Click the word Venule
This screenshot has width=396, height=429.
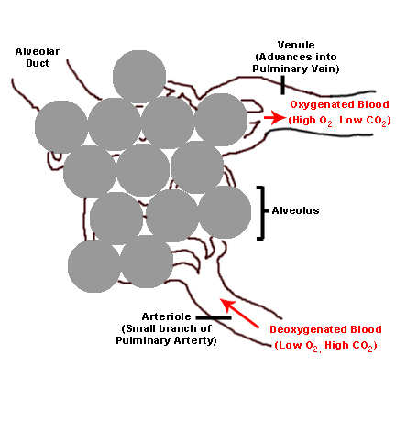[x=298, y=45]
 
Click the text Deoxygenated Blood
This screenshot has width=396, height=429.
[x=325, y=329]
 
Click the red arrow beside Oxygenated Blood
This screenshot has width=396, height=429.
[x=273, y=118]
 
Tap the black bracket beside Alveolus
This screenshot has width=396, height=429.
[x=261, y=212]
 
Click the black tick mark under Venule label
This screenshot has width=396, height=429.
[x=283, y=85]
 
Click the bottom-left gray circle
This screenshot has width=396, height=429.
[x=94, y=266]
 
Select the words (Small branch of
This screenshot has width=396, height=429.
[x=169, y=328]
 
